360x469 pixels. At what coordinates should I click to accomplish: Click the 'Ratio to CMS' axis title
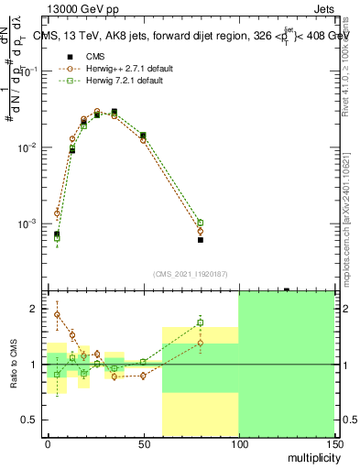tap(13, 364)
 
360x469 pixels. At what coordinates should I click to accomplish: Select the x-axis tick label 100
tap(238, 443)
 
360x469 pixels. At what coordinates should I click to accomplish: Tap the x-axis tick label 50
tap(143, 443)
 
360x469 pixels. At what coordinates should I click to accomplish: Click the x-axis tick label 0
tap(48, 443)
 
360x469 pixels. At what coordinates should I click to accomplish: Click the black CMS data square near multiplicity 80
tap(201, 240)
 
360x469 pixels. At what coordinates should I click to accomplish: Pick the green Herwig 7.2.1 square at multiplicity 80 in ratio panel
tap(201, 322)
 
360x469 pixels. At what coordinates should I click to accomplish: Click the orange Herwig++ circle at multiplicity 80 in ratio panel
tap(201, 344)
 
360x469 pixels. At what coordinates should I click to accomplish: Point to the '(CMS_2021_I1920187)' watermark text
tap(191, 274)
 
